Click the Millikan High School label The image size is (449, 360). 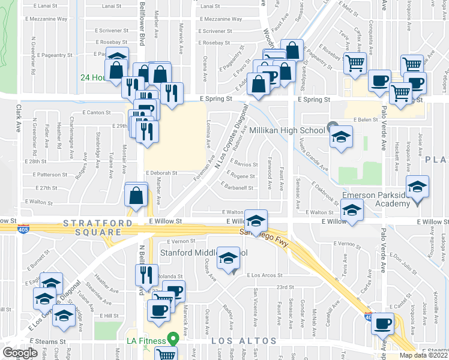click(x=287, y=130)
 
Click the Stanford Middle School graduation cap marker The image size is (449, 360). click(x=228, y=258)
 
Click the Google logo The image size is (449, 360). click(x=20, y=353)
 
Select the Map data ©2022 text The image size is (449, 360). click(x=423, y=355)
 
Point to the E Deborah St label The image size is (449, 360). click(x=161, y=172)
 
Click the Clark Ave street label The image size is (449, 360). click(x=19, y=118)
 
